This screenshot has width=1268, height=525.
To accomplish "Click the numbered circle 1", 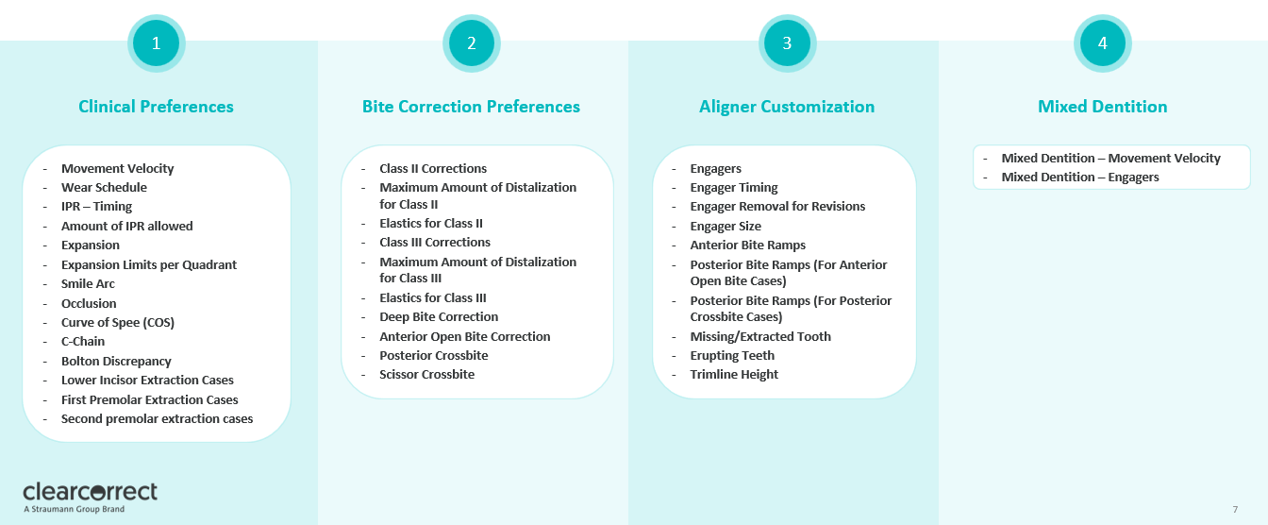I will (156, 42).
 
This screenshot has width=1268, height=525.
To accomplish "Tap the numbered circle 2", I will (471, 42).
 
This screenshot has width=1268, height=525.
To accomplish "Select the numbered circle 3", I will (787, 42).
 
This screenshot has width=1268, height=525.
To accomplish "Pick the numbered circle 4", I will (1102, 42).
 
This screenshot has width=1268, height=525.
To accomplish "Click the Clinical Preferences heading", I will (156, 107).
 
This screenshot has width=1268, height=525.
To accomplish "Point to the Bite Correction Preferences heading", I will (471, 107).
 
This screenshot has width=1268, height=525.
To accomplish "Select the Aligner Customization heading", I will (787, 107).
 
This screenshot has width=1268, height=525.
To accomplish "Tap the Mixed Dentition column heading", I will (1102, 107).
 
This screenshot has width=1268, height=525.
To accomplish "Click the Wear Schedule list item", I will (104, 187).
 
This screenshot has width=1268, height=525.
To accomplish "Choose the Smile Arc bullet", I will (88, 283).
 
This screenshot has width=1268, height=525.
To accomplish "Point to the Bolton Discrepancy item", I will (116, 361).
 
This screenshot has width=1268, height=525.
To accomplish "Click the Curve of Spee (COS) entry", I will (117, 322).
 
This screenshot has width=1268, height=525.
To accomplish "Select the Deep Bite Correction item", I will (439, 316).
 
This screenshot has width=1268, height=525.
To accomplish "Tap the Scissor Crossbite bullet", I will (426, 374).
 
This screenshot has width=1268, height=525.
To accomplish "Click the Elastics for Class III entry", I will (432, 297).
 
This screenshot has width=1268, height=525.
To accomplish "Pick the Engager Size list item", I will (725, 226).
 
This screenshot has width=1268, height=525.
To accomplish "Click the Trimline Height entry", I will (734, 374).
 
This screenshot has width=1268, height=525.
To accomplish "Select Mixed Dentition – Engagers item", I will (1079, 177).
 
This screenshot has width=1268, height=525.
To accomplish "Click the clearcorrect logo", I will (91, 495).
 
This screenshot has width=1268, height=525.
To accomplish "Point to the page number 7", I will (1235, 510).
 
